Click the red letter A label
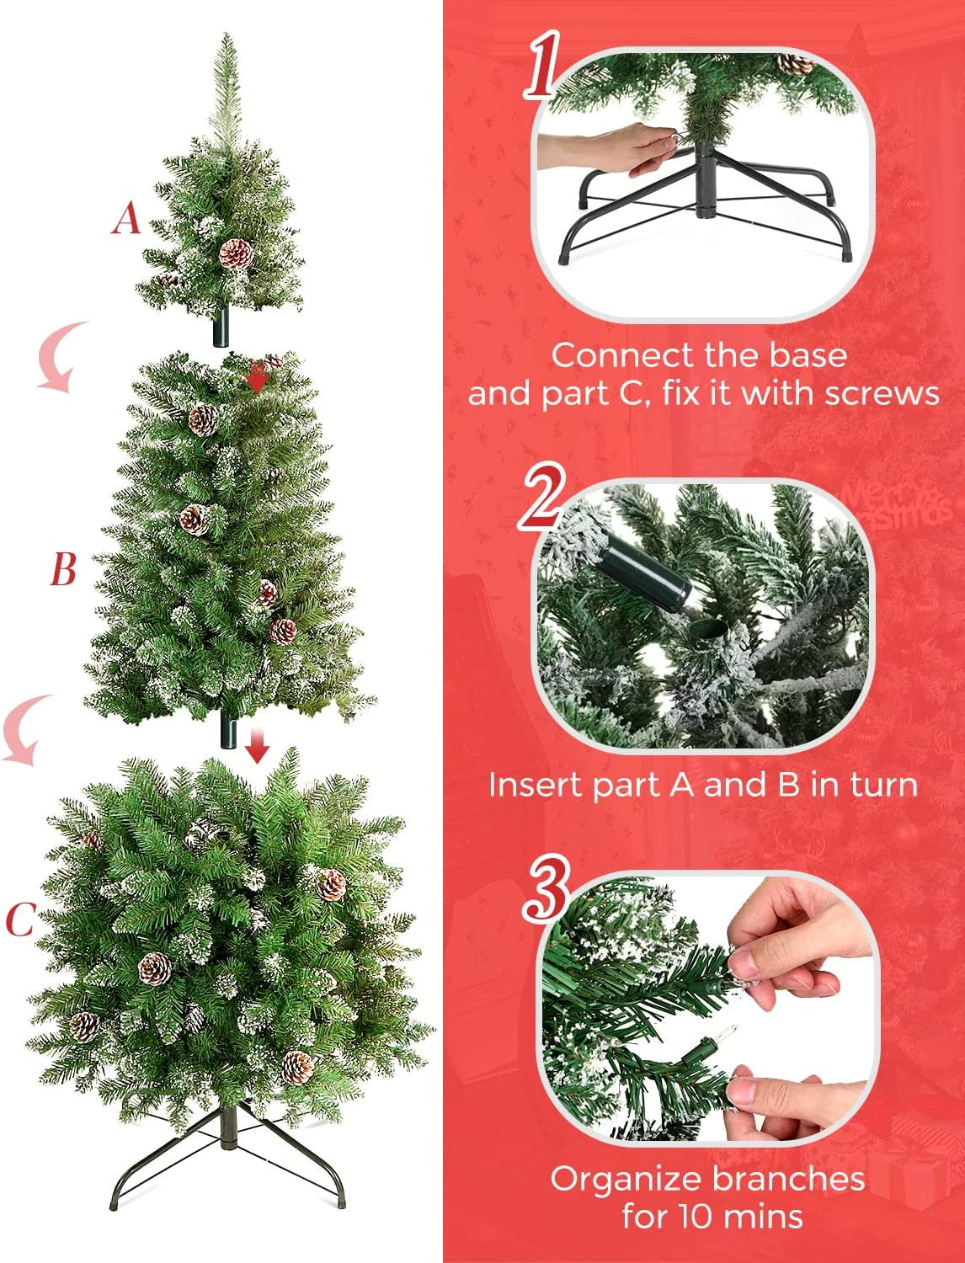(x=126, y=219)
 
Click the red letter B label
(x=63, y=570)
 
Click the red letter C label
(x=21, y=919)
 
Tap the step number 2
(x=541, y=497)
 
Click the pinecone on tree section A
(x=236, y=253)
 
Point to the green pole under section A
(x=221, y=326)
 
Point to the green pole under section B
(x=228, y=729)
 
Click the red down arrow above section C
(x=257, y=746)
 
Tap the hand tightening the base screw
(x=609, y=148)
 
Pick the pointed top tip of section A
(x=226, y=34)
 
